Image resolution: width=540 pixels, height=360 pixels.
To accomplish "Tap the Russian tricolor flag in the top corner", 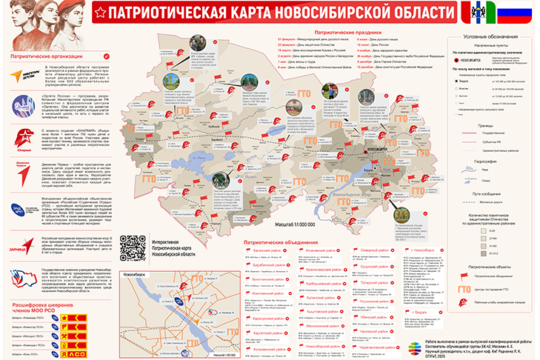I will click(518, 13).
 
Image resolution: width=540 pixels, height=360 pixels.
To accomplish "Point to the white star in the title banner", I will click(101, 13).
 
